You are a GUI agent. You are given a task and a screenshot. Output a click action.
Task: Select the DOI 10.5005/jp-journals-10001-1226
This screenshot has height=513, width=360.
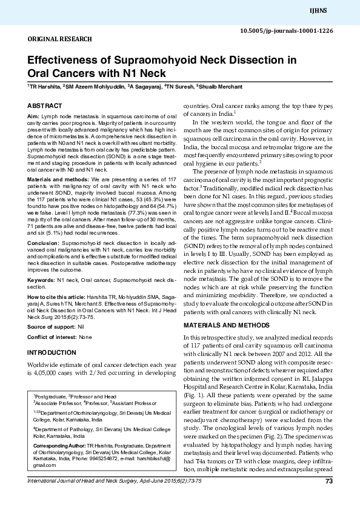click(295, 30)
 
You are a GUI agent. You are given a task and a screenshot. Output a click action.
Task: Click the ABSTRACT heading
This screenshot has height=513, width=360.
click(45, 106)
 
